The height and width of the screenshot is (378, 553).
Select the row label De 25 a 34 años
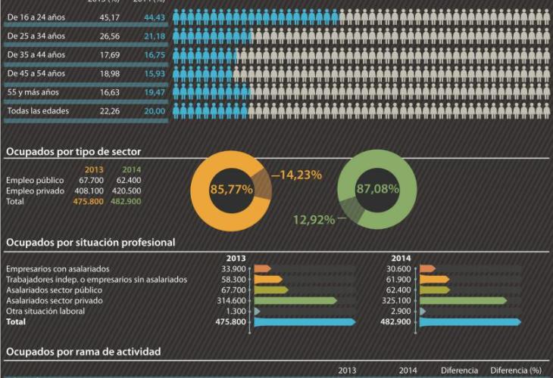[x=36, y=36]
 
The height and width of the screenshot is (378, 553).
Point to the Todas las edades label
[x=38, y=111]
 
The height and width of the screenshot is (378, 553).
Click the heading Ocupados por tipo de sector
[x=73, y=151]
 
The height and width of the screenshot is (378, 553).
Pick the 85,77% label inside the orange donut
[x=231, y=190]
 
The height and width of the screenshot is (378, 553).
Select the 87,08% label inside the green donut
[x=377, y=189]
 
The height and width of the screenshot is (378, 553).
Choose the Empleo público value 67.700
[x=91, y=181]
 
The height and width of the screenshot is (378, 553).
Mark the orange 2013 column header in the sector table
[x=94, y=169]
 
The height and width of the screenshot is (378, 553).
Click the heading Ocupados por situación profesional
[x=90, y=242]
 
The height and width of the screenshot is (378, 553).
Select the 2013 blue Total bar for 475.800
[x=304, y=322]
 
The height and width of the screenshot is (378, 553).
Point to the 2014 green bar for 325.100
[x=463, y=301]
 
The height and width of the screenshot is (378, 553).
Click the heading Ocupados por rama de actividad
[x=83, y=352]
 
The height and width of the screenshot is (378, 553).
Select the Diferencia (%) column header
[x=516, y=370]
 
